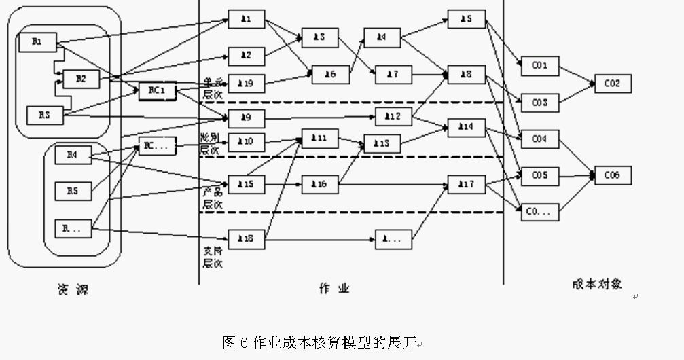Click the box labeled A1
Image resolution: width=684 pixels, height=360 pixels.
click(246, 20)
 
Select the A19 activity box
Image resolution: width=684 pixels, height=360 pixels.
click(246, 83)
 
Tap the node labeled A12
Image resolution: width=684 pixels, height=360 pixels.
click(393, 116)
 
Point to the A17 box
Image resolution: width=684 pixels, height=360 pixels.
click(466, 184)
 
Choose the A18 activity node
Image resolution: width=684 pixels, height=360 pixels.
click(246, 239)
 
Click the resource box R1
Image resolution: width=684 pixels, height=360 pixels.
click(37, 42)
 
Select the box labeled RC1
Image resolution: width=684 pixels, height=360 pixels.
click(157, 92)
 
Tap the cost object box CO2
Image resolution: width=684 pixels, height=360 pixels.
click(613, 84)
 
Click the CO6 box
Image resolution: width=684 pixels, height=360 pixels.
click(613, 175)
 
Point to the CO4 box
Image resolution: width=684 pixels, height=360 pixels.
click(539, 139)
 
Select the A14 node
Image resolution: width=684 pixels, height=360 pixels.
click(466, 127)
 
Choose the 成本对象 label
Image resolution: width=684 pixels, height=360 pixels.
click(596, 285)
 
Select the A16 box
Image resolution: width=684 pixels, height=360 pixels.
click(319, 184)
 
